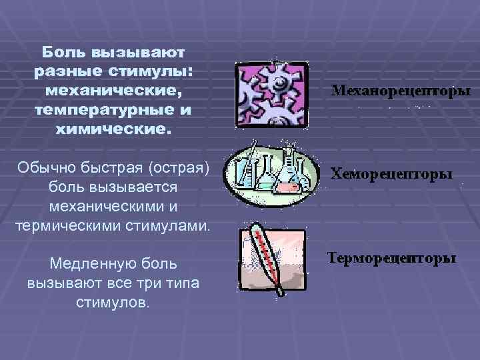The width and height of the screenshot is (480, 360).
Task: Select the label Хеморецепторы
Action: coord(392,174)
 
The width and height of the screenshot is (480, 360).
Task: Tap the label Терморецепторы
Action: coord(392,258)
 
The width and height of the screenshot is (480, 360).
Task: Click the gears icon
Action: coord(271,91)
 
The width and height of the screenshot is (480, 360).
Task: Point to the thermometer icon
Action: coord(271,259)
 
